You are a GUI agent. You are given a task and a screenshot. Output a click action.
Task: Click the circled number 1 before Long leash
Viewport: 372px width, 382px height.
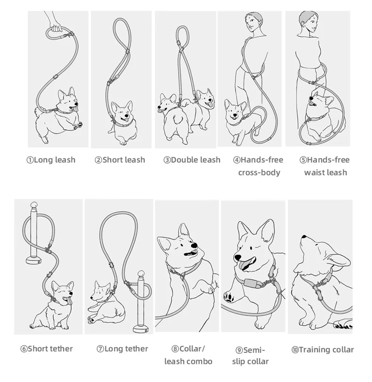[x=30, y=160]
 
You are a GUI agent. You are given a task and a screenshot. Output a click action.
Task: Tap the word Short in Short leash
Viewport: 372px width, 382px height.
[x=113, y=160]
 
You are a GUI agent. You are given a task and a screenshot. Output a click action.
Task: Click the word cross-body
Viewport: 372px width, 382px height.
[x=259, y=172]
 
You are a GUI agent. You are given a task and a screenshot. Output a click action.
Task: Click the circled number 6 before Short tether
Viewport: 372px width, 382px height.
[x=24, y=349]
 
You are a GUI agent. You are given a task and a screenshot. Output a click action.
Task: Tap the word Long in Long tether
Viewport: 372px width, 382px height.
[x=114, y=349]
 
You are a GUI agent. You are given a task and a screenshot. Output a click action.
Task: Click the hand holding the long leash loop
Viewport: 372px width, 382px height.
[x=56, y=26]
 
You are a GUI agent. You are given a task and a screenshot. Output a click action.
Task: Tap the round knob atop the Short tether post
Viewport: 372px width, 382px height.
[x=34, y=205]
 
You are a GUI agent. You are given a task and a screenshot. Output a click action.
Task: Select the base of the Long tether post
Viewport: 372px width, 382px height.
[x=141, y=329]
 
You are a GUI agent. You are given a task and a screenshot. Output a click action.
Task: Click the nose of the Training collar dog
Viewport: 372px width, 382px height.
[x=304, y=237]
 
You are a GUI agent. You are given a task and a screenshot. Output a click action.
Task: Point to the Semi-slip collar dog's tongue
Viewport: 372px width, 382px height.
[x=244, y=265]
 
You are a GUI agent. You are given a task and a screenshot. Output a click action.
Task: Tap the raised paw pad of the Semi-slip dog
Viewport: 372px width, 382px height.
[x=229, y=297]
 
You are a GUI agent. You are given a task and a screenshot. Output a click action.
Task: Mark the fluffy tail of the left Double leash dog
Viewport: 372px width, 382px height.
[x=178, y=119]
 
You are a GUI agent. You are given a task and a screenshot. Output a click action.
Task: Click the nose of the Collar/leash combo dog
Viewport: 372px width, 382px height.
[x=194, y=245]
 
